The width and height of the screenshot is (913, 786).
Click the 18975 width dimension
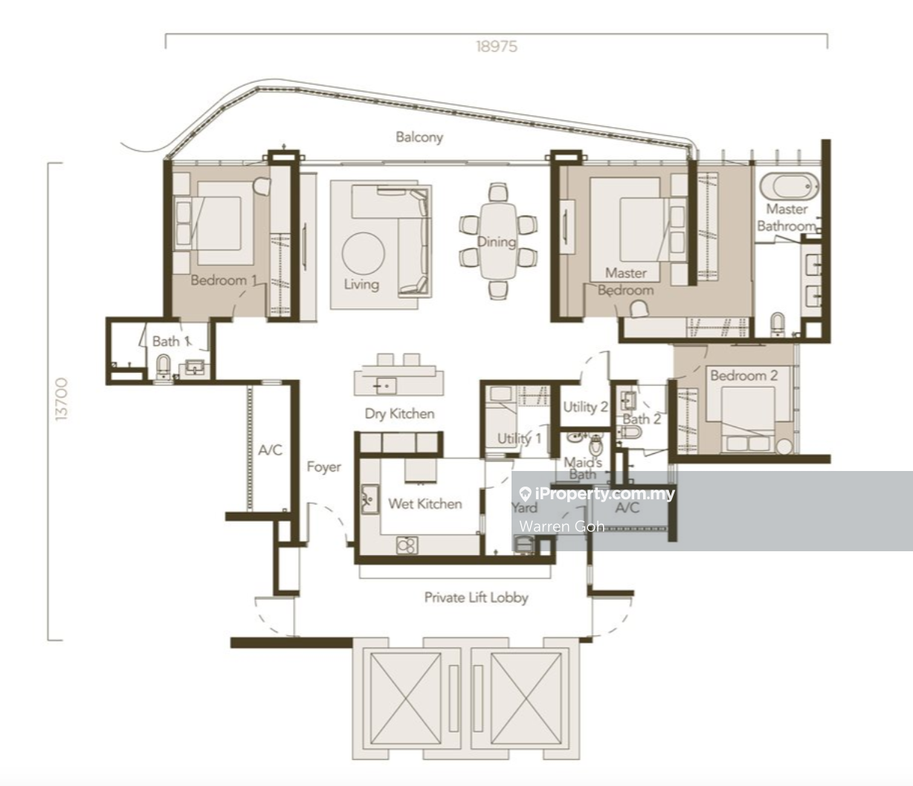click(x=497, y=46)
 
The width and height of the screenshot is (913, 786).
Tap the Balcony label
click(x=419, y=137)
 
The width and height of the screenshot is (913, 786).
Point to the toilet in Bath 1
click(x=163, y=366)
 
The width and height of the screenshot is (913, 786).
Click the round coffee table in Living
click(x=363, y=254)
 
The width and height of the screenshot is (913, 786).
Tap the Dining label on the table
click(x=497, y=242)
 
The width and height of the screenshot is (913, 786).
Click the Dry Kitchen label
click(x=399, y=414)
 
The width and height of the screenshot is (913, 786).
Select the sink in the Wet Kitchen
click(x=370, y=499)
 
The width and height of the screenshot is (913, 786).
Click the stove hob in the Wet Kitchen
click(x=407, y=545)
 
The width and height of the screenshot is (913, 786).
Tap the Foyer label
click(x=323, y=467)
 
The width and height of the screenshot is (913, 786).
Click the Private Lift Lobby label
click(x=476, y=597)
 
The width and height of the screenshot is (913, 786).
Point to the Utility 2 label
click(x=585, y=407)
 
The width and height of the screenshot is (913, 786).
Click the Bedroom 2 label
click(x=743, y=376)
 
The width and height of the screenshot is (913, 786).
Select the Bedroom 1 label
click(x=224, y=280)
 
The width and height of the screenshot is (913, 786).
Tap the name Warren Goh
click(x=562, y=526)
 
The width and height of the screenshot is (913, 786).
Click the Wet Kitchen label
click(x=425, y=504)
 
